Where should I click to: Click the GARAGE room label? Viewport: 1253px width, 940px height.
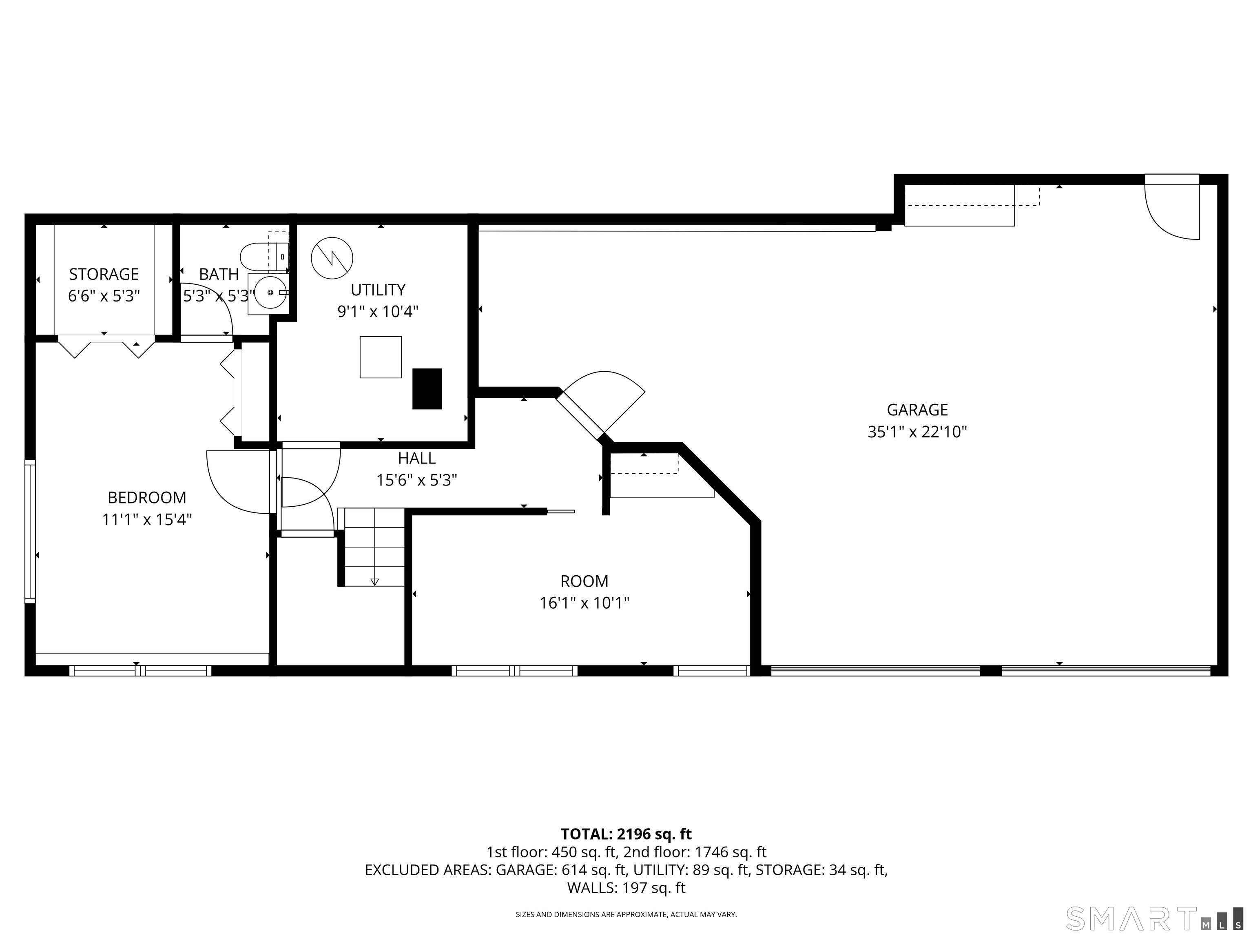tap(917, 410)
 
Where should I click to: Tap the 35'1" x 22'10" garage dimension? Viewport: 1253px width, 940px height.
tap(917, 432)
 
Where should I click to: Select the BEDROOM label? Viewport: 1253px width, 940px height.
tap(147, 497)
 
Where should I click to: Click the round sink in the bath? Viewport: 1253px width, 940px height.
tap(270, 293)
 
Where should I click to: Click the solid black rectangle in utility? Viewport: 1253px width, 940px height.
tap(427, 389)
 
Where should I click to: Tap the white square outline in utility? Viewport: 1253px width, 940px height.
tap(381, 357)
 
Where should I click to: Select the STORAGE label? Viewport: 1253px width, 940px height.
tap(104, 274)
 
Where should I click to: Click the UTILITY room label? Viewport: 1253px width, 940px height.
tap(378, 290)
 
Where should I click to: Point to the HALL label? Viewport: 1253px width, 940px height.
tap(416, 458)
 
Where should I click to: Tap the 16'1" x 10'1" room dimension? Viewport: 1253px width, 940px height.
tap(584, 603)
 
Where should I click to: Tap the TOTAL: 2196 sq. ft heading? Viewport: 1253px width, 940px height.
tap(626, 834)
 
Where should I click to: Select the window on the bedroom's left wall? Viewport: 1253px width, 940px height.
tap(30, 531)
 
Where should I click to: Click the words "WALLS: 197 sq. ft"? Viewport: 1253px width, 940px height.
tap(626, 888)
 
